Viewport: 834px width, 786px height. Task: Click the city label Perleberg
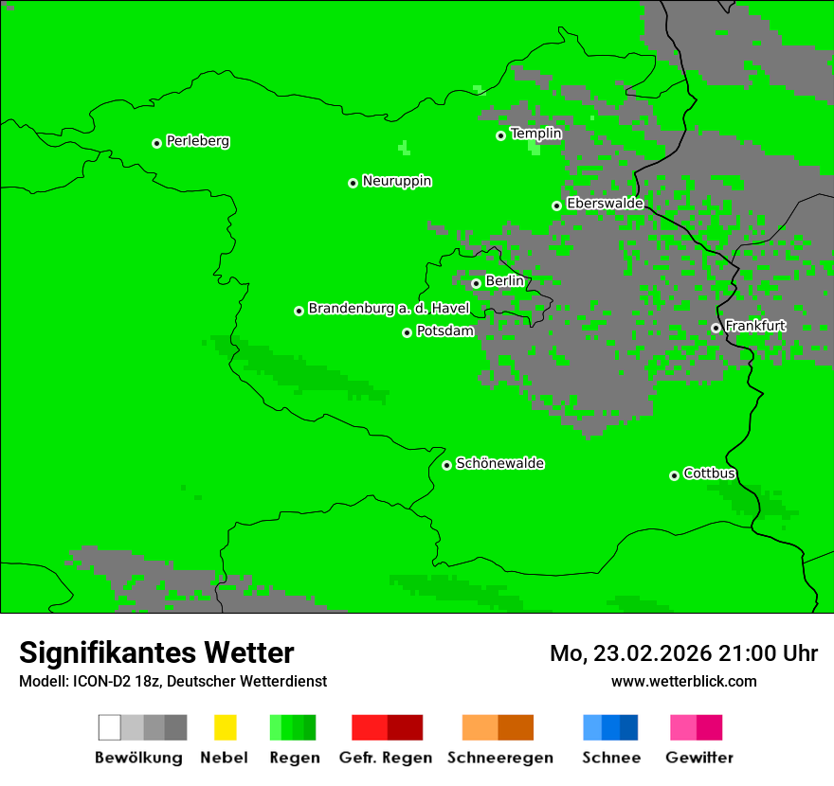197,141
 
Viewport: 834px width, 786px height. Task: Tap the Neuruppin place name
396,181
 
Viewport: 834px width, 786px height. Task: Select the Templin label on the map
535,134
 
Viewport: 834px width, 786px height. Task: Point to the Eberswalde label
605,204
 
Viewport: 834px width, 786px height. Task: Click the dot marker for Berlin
476,283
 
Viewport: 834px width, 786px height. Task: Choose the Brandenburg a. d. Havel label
389,309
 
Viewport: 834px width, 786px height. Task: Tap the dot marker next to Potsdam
407,332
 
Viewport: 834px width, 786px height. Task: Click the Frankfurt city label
754,326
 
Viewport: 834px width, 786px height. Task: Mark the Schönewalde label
499,463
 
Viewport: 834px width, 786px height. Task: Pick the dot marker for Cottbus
674,475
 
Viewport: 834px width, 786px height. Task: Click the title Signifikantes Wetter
156,652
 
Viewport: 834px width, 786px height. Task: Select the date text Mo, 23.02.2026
630,653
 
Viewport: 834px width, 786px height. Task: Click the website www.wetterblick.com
683,681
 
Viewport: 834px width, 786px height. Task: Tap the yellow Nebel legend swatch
225,727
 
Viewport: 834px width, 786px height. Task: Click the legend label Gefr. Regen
386,758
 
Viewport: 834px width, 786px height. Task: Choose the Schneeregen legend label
499,758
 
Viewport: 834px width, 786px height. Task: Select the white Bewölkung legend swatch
109,727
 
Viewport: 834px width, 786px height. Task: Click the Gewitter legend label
698,758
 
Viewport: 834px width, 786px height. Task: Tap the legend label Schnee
610,758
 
